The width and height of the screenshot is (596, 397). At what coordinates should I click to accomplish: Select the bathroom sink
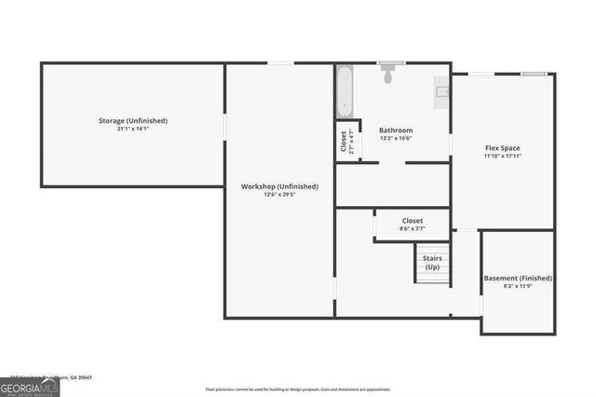tap(442, 91)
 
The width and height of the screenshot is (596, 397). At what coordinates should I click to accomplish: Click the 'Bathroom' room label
tap(396, 130)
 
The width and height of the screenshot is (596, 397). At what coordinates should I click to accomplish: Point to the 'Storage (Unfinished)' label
tap(133, 120)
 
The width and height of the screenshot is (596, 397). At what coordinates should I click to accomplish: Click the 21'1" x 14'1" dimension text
tap(133, 129)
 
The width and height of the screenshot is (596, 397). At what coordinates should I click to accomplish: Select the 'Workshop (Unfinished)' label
tap(279, 186)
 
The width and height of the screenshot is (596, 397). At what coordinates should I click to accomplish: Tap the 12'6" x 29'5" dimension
tap(279, 195)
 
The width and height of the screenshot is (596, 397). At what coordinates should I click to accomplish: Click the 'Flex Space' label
tap(502, 148)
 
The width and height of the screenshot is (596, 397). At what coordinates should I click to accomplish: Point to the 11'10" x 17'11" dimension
tap(502, 157)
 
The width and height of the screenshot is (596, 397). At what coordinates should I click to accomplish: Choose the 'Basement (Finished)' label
tap(518, 278)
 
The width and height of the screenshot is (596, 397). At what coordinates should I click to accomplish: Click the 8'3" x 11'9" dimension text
tap(518, 286)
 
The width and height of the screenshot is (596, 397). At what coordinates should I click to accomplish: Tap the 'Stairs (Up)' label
tap(432, 262)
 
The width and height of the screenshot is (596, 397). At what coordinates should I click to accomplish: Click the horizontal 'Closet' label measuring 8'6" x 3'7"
tap(412, 221)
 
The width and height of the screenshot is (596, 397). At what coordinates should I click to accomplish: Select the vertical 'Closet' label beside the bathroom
tap(344, 141)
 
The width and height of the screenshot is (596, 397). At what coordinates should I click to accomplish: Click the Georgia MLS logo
tap(30, 385)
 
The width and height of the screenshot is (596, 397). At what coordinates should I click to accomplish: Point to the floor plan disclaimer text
tap(298, 389)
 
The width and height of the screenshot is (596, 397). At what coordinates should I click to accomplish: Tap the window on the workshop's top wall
tap(280, 63)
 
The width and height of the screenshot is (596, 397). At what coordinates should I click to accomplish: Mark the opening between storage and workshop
tap(224, 126)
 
